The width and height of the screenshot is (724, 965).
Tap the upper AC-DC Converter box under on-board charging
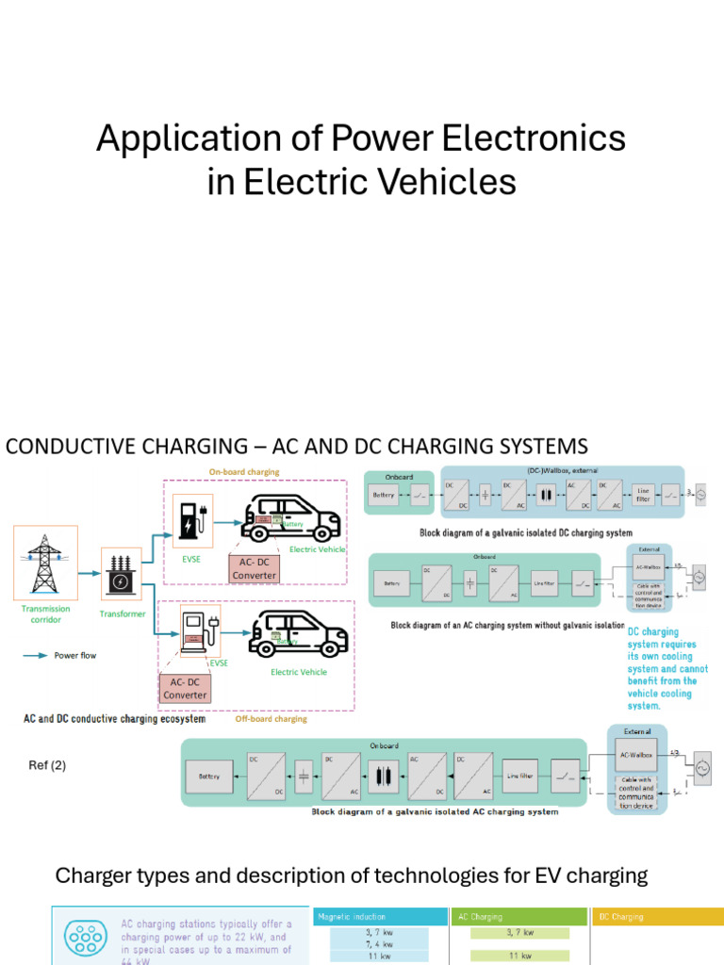pos(254,568)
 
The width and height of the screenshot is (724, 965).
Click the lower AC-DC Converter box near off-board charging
pos(185,688)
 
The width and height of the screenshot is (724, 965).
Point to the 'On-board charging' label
pos(243,471)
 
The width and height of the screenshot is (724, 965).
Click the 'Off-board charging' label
pos(271,718)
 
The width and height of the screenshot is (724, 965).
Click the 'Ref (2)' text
pos(47,765)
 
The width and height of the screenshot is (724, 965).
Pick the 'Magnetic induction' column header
pos(352,916)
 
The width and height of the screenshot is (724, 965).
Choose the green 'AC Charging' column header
pos(481,916)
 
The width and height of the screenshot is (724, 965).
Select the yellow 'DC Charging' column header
pos(621,916)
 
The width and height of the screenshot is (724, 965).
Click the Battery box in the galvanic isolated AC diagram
pos(208,777)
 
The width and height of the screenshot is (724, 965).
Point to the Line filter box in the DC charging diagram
pos(645,495)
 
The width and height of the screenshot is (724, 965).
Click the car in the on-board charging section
pos(291,517)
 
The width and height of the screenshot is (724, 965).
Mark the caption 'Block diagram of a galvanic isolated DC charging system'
pos(526,532)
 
